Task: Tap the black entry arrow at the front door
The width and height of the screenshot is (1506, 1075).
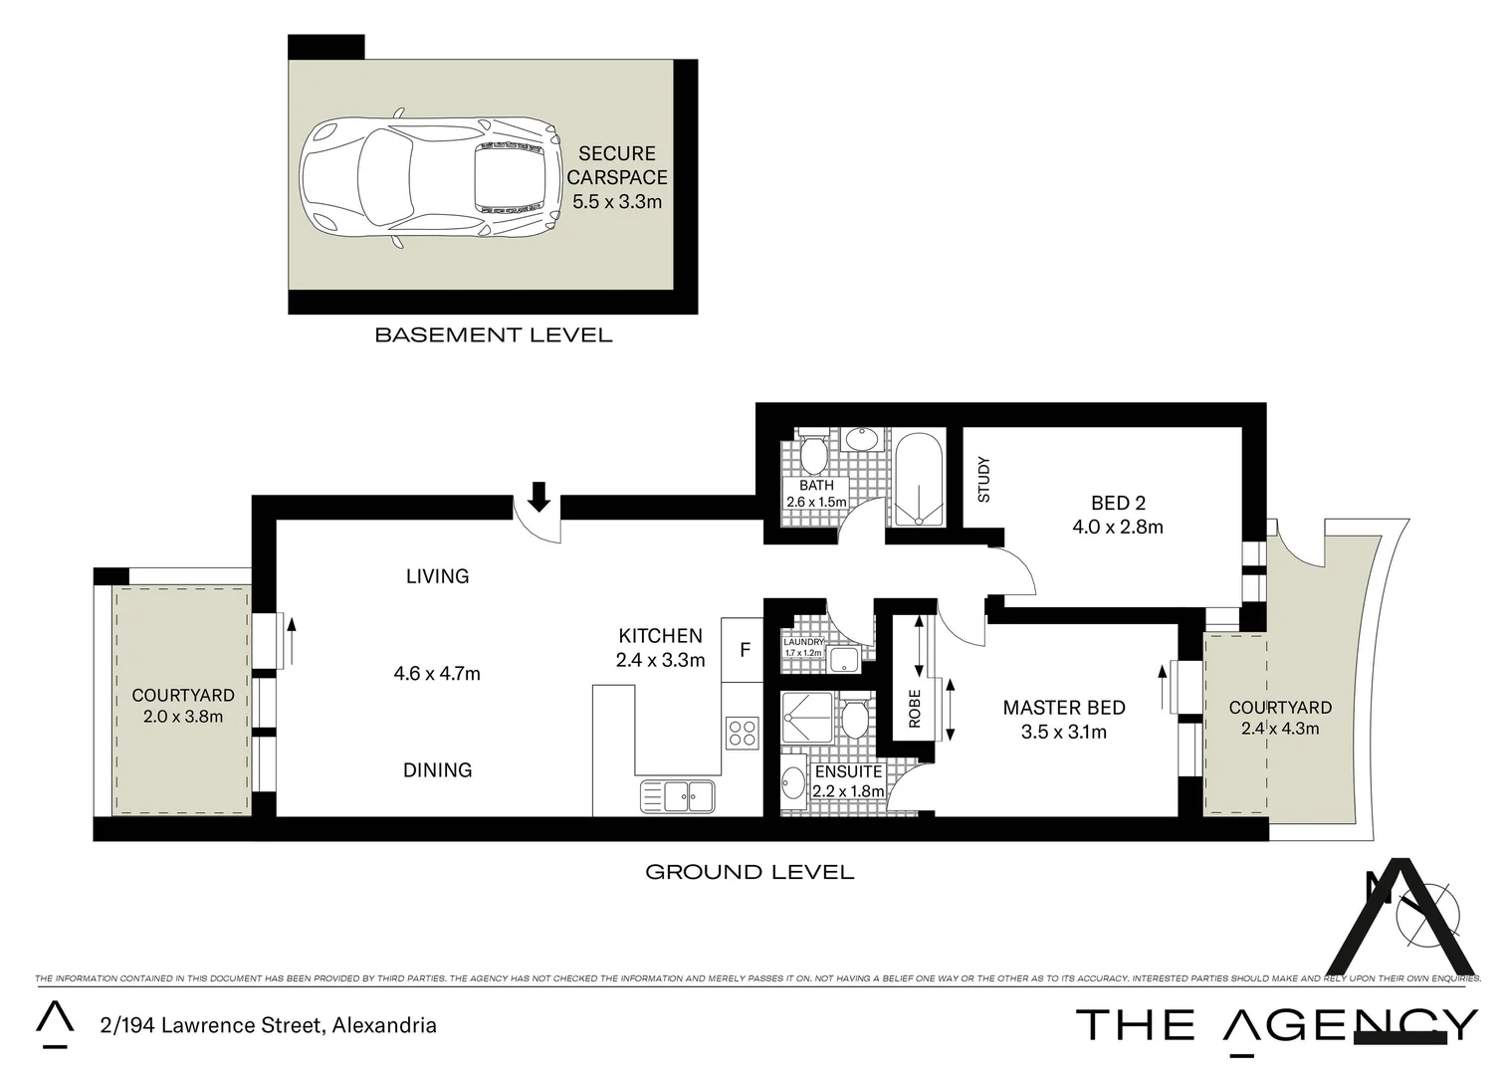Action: point(538,496)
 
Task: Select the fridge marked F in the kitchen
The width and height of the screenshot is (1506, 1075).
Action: point(744,650)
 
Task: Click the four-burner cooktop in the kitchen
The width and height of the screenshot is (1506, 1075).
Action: point(743,733)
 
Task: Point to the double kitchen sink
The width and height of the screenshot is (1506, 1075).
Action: point(678,795)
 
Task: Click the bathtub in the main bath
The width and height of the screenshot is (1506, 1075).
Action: point(917,478)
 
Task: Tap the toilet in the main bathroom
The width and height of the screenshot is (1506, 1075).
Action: point(814,454)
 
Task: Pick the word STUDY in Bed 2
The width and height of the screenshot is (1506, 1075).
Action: point(983,479)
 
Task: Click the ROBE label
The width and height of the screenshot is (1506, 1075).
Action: point(915,708)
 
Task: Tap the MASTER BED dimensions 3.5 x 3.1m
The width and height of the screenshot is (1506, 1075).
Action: point(1063,733)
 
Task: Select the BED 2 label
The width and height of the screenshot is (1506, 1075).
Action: point(1117,503)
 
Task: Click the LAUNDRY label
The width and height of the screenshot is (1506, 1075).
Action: point(803,642)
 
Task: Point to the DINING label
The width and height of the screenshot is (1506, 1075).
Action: point(437,769)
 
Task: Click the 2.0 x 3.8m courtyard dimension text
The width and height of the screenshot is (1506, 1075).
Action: point(183,716)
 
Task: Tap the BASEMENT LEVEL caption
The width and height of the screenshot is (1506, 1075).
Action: point(493,335)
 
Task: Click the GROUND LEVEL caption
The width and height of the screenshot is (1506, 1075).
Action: point(750,872)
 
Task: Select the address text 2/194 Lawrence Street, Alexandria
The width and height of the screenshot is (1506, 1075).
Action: point(268,1025)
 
